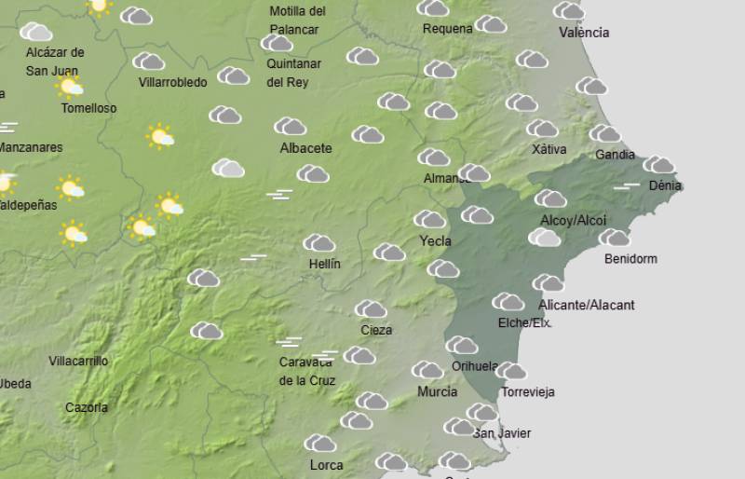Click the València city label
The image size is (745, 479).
click(584, 33)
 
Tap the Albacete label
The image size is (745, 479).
click(305, 148)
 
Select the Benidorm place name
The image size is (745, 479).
click(630, 259)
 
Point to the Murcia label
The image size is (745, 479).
click(437, 392)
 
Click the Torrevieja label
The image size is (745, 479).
click(528, 392)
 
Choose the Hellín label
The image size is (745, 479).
click(324, 264)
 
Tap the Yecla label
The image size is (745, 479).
click(435, 240)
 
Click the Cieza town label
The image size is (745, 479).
click(376, 330)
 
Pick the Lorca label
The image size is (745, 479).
click(326, 465)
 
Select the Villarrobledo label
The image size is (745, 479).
click(172, 83)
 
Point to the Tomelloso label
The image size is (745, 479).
click(88, 108)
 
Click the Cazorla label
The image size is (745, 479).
click(87, 407)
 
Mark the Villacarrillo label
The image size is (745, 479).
click(78, 361)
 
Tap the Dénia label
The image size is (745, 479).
click(665, 185)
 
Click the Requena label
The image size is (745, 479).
click(447, 29)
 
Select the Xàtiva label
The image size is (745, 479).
click(549, 149)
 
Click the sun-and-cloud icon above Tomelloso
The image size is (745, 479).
click(70, 87)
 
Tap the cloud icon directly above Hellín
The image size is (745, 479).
click(318, 243)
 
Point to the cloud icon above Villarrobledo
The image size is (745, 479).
click(149, 62)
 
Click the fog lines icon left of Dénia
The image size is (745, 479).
click(627, 186)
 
